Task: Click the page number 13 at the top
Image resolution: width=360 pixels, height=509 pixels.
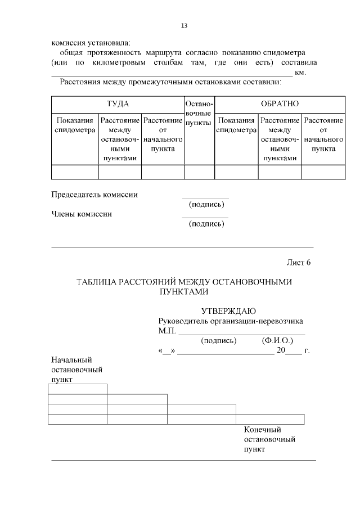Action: (184, 26)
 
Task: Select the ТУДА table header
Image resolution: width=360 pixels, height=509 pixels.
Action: (118, 104)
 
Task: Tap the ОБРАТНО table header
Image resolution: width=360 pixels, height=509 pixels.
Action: (280, 104)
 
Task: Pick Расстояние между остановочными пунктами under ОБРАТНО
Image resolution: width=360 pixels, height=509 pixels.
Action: (280, 139)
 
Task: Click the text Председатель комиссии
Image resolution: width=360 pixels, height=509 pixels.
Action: (94, 195)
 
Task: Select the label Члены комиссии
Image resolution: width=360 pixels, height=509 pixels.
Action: (82, 214)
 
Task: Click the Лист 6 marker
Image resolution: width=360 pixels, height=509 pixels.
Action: (299, 263)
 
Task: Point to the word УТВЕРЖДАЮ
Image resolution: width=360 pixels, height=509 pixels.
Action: (229, 311)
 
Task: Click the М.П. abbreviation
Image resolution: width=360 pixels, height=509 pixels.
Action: (167, 331)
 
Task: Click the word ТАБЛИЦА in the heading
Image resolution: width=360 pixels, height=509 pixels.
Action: (96, 282)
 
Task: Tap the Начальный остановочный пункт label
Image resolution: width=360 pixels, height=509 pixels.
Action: (76, 370)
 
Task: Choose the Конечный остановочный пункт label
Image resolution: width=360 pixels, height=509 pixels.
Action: (269, 439)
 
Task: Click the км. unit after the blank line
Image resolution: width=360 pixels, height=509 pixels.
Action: (300, 73)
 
